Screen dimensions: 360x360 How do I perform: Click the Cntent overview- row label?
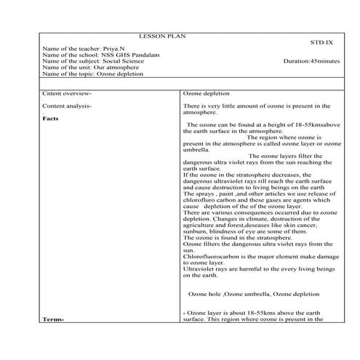66,95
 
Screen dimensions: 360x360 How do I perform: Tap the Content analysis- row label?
68,107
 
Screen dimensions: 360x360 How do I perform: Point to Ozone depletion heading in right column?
207,95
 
